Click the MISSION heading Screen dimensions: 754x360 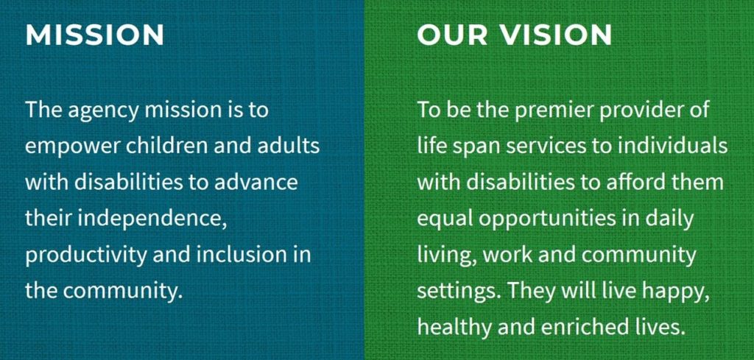pos(94,35)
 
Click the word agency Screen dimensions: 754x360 pos(104,111)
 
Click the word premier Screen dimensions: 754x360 pos(540,111)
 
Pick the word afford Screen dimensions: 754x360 pos(641,182)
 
